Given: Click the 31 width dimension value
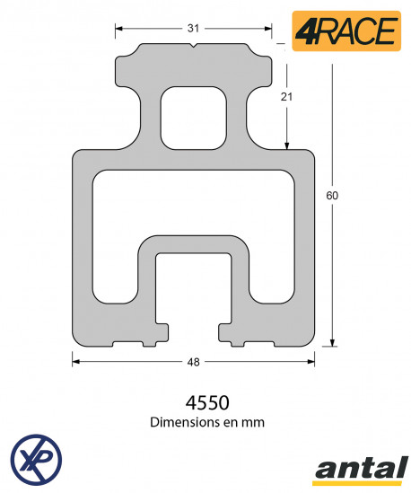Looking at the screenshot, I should click(x=193, y=28).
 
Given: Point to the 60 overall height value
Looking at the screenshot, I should click(x=332, y=195).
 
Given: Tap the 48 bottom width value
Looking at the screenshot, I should click(x=193, y=362).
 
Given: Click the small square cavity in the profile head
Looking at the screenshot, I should click(x=192, y=117).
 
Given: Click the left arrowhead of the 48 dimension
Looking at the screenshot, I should click(x=76, y=362).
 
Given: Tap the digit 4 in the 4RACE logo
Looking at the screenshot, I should click(x=305, y=31).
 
